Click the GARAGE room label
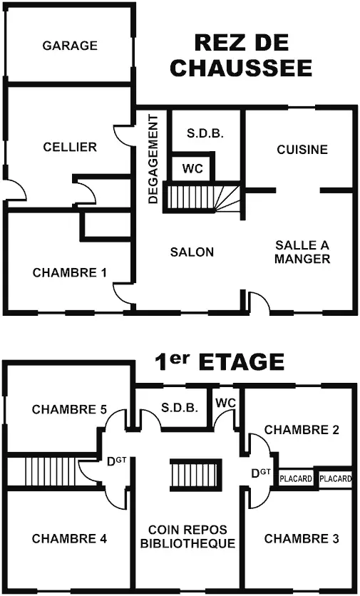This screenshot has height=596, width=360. [x=70, y=46]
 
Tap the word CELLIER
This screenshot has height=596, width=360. [x=70, y=147]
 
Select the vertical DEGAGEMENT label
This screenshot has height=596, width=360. [x=153, y=159]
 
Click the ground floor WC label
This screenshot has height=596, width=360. [x=192, y=168]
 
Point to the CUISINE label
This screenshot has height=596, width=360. [x=302, y=150]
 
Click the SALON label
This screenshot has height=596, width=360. [x=192, y=252]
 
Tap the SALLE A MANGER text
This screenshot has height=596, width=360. [x=302, y=252]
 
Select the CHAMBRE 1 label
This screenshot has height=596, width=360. [x=70, y=272]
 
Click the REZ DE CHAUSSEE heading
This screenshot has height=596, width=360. [x=242, y=55]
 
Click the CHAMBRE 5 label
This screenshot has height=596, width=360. [x=70, y=409]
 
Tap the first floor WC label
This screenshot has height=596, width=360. [x=226, y=403]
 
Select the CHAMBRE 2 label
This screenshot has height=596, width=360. [x=302, y=430]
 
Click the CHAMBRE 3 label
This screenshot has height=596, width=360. [x=302, y=538]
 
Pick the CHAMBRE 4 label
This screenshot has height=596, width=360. [x=70, y=538]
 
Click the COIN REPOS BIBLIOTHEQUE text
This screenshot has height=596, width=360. [x=187, y=536]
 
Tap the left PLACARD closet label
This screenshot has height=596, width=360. [x=296, y=479]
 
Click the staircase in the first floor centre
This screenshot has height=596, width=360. [x=196, y=474]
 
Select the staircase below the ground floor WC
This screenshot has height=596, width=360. [x=202, y=197]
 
